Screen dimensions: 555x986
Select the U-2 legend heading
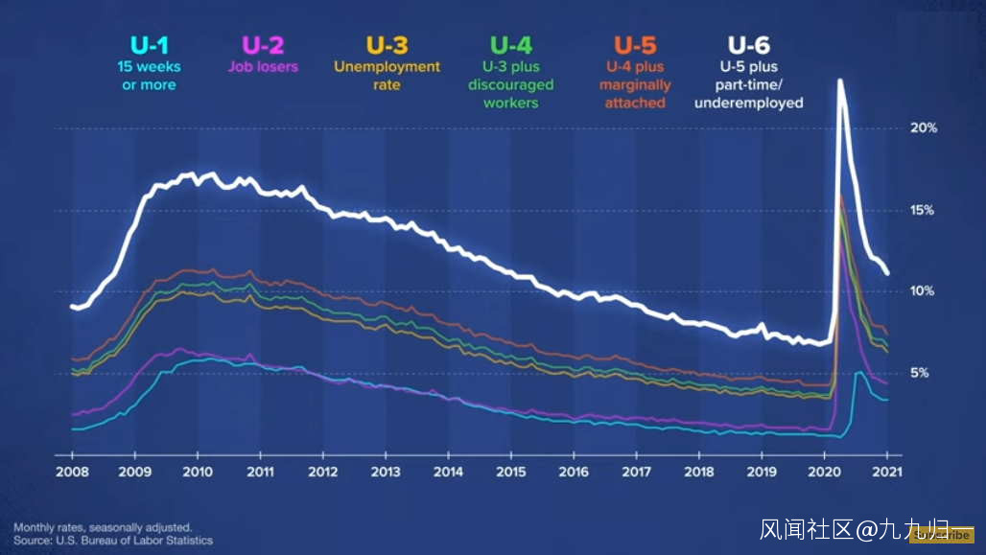[263, 45]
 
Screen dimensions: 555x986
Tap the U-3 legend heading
[387, 45]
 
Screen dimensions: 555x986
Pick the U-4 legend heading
[511, 45]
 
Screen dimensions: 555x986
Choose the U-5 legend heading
[635, 45]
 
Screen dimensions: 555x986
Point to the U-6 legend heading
[748, 45]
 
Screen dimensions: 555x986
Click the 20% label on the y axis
[923, 127]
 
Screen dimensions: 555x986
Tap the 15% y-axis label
[923, 210]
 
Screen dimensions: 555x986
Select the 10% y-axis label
[923, 290]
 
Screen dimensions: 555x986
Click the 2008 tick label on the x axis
[73, 473]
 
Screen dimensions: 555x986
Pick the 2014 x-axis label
[448, 473]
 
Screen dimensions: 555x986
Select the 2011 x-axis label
[260, 473]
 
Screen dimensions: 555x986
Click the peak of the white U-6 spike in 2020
[840, 81]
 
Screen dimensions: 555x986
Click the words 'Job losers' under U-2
[263, 67]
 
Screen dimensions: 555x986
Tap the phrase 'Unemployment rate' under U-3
[387, 76]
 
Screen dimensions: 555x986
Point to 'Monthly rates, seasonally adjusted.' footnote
[103, 527]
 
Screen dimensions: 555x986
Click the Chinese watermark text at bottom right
[854, 529]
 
